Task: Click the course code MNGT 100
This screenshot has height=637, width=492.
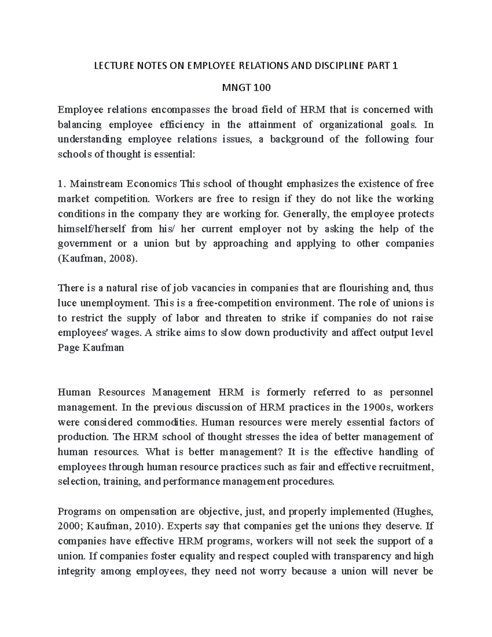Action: [246, 88]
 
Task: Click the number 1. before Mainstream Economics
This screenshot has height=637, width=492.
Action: [61, 183]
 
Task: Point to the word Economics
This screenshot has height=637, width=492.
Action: [154, 183]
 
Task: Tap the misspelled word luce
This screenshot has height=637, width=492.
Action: [66, 304]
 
